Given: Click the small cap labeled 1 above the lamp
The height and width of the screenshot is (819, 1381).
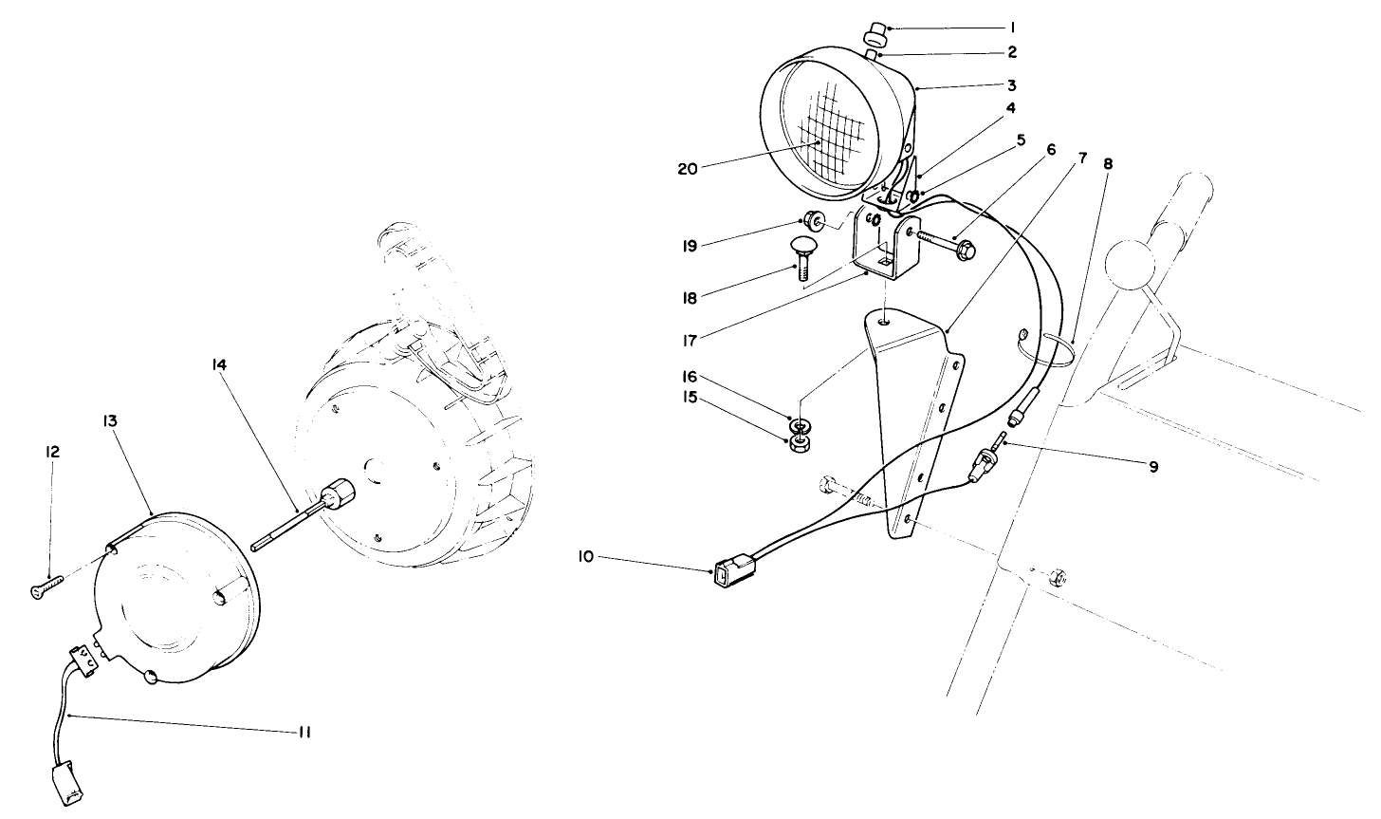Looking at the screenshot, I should coord(874,35).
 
